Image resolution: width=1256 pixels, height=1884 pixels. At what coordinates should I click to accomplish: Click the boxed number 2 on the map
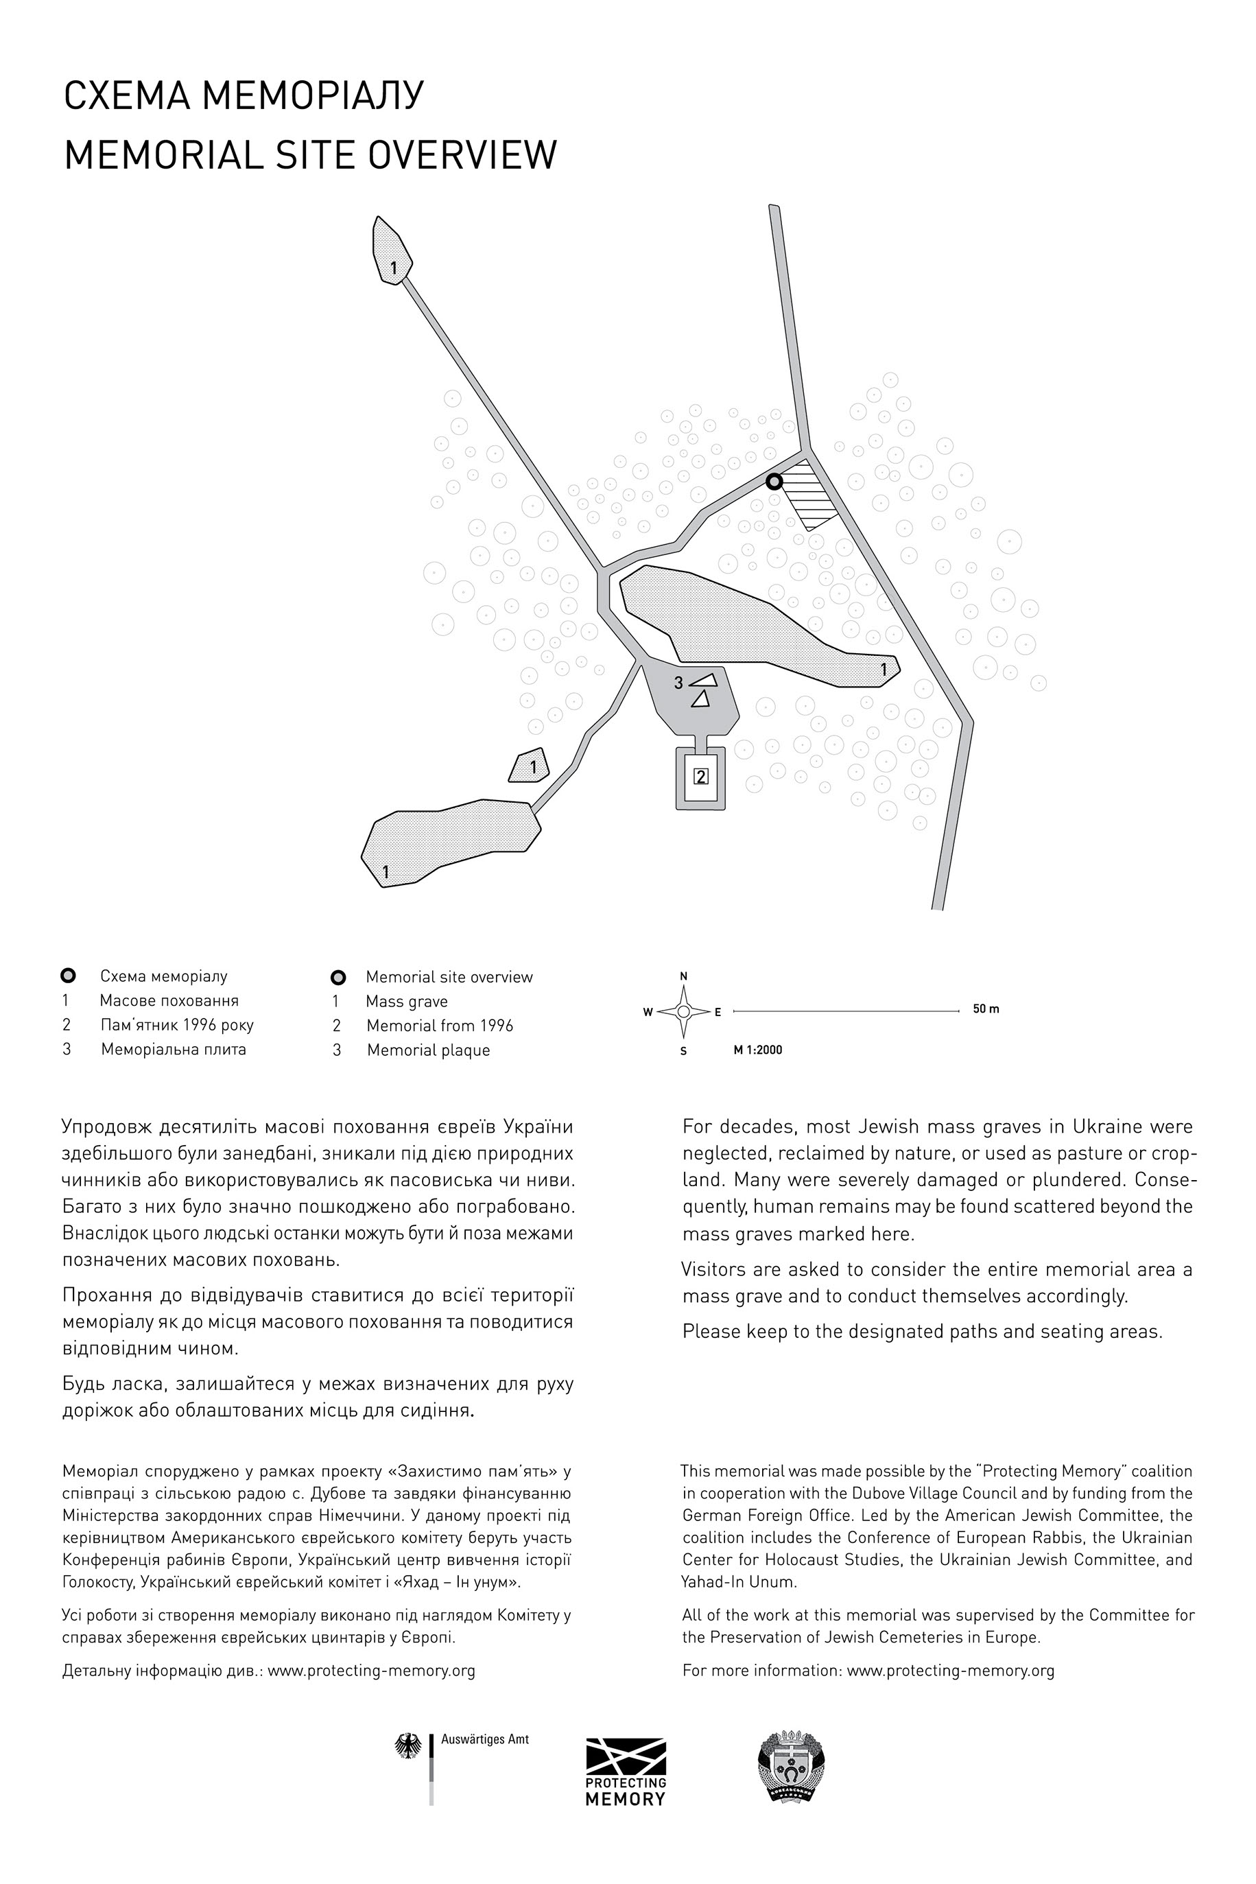tap(701, 776)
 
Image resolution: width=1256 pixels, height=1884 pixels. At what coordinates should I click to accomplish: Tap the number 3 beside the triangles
tap(678, 683)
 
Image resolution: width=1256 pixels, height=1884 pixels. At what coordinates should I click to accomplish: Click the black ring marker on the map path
tap(774, 482)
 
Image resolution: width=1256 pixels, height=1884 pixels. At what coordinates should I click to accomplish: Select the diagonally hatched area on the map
tap(808, 493)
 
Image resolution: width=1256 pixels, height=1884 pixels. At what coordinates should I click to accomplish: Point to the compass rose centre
tap(683, 1012)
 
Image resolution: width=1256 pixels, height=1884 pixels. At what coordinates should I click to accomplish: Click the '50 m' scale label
tap(986, 1009)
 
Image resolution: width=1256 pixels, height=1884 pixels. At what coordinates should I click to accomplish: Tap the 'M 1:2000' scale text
tap(758, 1050)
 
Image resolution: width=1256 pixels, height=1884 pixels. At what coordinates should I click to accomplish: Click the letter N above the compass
tap(683, 976)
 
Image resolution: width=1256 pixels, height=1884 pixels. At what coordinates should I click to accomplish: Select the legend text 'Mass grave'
tap(406, 1001)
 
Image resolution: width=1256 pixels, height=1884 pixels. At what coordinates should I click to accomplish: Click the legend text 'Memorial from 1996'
tap(440, 1025)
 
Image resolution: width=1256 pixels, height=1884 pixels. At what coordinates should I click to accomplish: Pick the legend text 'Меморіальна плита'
tap(173, 1049)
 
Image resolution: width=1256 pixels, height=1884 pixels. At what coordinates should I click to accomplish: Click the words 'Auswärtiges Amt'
tap(484, 1740)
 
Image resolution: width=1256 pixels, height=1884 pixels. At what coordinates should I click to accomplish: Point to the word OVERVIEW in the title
tap(463, 154)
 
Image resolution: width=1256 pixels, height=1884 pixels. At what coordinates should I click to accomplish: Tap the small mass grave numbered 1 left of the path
tap(530, 766)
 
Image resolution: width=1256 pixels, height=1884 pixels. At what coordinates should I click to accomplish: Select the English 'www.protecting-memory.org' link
tap(950, 1670)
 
